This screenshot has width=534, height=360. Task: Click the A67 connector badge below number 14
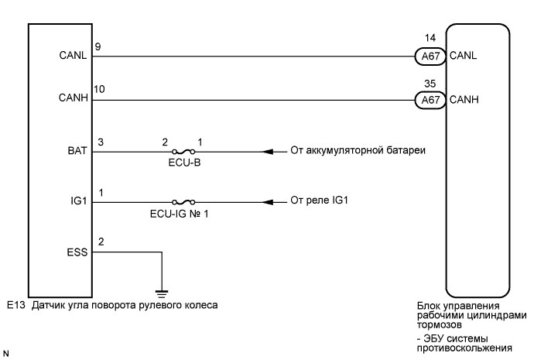coord(426,57)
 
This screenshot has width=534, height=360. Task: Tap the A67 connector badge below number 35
coord(426,99)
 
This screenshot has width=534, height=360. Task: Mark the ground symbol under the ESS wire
coord(162,293)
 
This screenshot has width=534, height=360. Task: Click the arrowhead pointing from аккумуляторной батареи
coord(268,151)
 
